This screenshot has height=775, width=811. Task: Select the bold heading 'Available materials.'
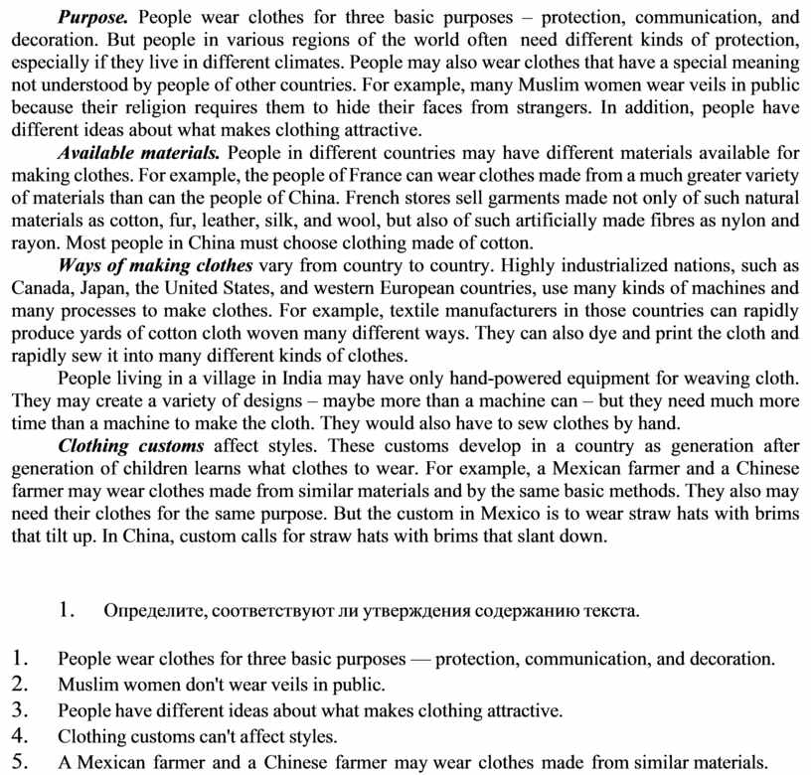(x=139, y=154)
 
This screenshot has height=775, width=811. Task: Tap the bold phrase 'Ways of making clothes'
(x=156, y=266)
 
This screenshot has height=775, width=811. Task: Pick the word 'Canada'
(x=39, y=288)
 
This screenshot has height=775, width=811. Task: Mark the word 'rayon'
(x=32, y=243)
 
